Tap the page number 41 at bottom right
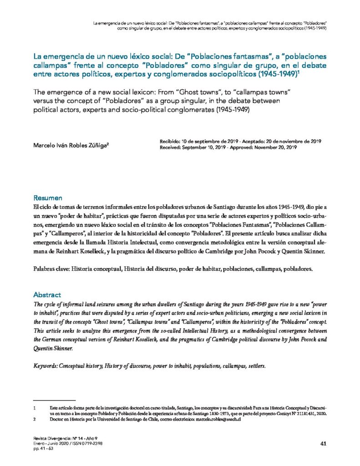pos(324,443)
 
